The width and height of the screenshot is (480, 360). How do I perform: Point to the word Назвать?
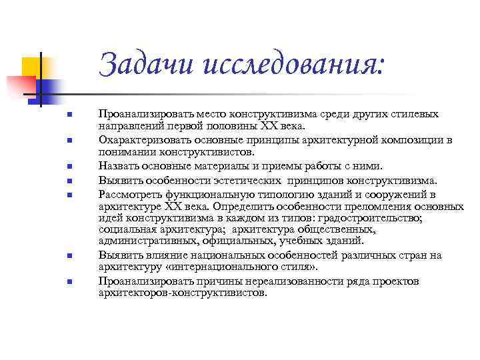(118, 165)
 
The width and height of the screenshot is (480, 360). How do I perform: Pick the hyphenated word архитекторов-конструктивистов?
(182, 293)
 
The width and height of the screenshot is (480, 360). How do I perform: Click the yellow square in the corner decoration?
(31, 67)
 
